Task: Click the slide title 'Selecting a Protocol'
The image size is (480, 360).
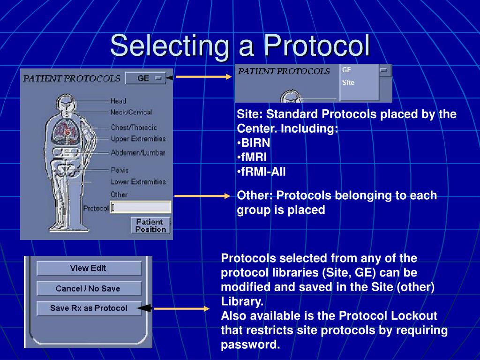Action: (x=240, y=46)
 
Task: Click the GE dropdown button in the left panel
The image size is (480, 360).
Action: (x=145, y=78)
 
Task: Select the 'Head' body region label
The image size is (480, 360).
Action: (x=118, y=101)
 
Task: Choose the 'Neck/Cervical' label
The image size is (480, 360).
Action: (x=131, y=112)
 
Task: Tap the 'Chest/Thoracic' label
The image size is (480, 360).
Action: (x=134, y=127)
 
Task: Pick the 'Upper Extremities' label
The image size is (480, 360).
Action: (x=138, y=139)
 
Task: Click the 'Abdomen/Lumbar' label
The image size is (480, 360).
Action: (x=138, y=153)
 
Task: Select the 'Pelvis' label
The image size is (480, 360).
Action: (x=120, y=170)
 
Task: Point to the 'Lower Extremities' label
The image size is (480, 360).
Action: (x=138, y=181)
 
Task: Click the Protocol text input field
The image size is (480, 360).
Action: (x=141, y=207)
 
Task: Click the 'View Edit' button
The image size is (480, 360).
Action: (x=88, y=268)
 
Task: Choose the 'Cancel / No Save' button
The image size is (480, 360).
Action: (x=88, y=288)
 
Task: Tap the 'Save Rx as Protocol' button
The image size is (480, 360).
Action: (x=89, y=308)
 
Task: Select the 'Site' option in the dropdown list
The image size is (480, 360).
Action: (x=348, y=82)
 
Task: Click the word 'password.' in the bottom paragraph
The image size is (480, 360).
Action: (x=250, y=345)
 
